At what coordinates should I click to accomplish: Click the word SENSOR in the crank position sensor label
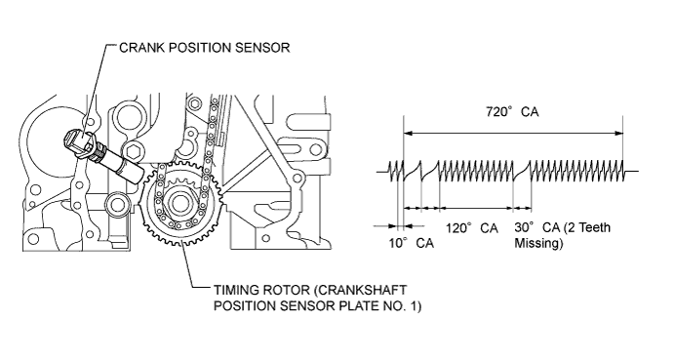pos(262,47)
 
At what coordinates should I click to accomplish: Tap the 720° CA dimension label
pos(512,112)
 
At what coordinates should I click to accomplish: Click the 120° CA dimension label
pos(471,227)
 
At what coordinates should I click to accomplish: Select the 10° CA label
pos(412,243)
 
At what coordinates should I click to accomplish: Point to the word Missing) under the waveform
pos(538,243)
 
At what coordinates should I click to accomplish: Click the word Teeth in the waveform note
pos(593,227)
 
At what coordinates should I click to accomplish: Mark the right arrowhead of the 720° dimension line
pos(618,133)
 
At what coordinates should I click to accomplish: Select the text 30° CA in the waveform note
pos(537,227)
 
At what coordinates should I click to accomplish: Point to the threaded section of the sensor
pos(100,152)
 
